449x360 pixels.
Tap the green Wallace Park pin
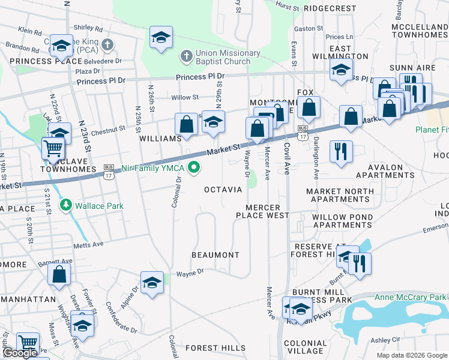[66, 206]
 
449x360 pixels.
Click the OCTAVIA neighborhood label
[223, 190]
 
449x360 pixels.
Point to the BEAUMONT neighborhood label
[215, 255]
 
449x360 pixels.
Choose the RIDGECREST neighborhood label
[330, 9]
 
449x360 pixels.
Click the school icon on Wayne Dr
[152, 281]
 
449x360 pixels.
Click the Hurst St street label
[287, 7]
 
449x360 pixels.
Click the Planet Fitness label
[432, 130]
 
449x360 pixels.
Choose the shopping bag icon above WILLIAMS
[187, 124]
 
